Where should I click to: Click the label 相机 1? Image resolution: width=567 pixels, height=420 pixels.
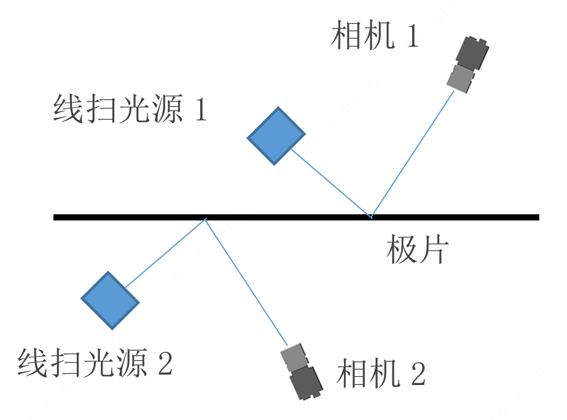coord(375,36)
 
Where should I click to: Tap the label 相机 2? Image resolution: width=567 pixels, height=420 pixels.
coord(381,373)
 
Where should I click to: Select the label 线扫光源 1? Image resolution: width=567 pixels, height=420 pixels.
coord(130,110)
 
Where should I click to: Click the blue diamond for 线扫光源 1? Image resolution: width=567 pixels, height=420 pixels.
coord(276,136)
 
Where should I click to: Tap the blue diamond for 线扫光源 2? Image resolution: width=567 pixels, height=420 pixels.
coord(110,300)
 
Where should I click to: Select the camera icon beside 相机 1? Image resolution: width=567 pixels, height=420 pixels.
coord(468,64)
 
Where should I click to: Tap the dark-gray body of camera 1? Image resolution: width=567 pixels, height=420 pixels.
coord(473,53)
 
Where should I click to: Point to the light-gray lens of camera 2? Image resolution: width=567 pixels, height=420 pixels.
coord(294,357)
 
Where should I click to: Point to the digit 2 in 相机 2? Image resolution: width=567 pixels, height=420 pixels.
coord(418,373)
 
